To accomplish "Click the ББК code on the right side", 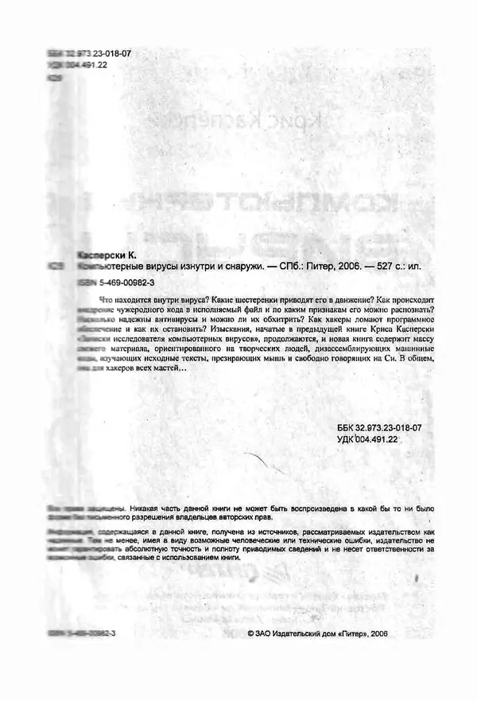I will tap(380, 428).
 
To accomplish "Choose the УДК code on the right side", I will tap(367, 439).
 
